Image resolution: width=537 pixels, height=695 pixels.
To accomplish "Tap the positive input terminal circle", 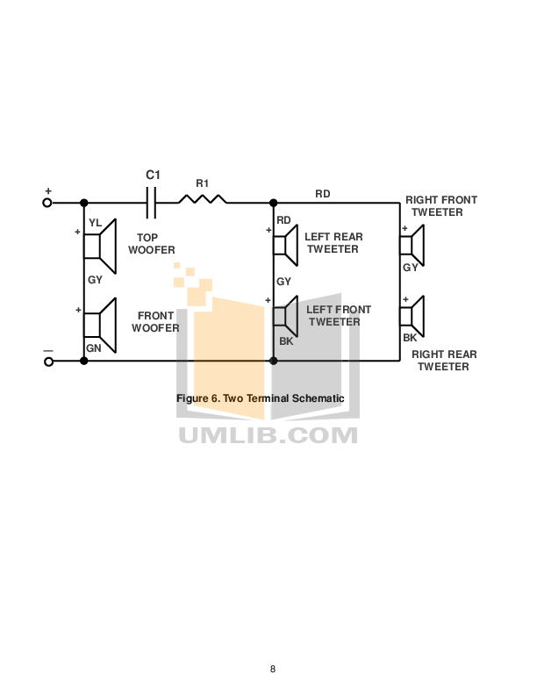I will [x=47, y=203].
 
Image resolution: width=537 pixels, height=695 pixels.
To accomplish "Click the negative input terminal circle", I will [x=47, y=361].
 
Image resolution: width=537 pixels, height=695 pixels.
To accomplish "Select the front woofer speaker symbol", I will [x=101, y=325].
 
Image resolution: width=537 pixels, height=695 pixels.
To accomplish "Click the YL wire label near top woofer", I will [x=95, y=223].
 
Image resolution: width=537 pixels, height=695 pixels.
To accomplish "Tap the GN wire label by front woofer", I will [x=93, y=348].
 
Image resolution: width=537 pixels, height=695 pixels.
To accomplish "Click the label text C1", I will [x=153, y=176].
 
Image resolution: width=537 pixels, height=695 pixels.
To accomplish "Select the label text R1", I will [x=202, y=183].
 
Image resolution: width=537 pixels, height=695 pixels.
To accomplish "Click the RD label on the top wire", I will [x=323, y=194].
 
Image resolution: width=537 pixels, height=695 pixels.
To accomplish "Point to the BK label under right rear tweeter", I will [x=409, y=338].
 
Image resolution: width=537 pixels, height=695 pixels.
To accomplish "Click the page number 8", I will [x=273, y=670].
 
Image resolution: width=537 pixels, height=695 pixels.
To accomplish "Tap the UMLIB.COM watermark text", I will [x=268, y=435].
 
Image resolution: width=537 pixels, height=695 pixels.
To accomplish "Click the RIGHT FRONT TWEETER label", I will [x=440, y=206].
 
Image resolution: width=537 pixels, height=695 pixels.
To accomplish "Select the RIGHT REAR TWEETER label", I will [x=444, y=361].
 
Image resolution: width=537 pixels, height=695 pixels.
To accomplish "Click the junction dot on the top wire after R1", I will [x=273, y=203].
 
